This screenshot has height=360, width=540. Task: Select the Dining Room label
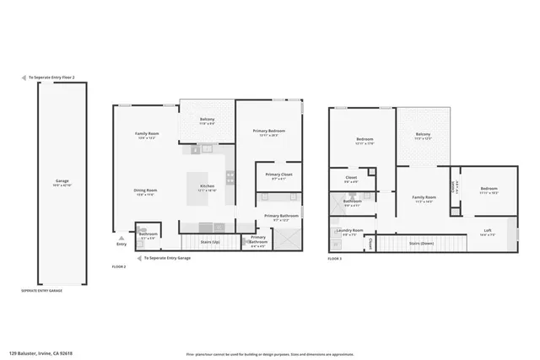pyautogui.click(x=146, y=190)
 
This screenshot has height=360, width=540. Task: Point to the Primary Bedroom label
pyautogui.click(x=269, y=131)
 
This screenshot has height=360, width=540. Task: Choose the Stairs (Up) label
pyautogui.click(x=210, y=242)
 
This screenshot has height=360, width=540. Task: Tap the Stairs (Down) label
pyautogui.click(x=421, y=243)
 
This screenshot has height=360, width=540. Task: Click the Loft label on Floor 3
pyautogui.click(x=488, y=230)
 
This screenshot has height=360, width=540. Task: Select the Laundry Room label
pyautogui.click(x=349, y=230)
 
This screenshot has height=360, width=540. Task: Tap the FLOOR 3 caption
pyautogui.click(x=335, y=260)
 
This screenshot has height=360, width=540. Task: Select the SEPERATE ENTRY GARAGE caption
pyautogui.click(x=42, y=290)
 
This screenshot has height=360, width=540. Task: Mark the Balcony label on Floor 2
pyautogui.click(x=207, y=119)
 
